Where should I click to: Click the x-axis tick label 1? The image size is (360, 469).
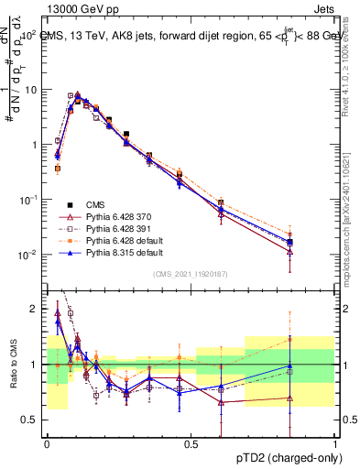tap(336, 442)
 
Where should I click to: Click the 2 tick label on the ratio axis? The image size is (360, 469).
tap(35, 309)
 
